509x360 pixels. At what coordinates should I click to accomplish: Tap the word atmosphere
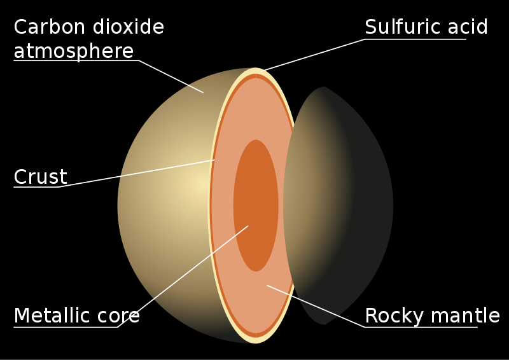tap(74, 52)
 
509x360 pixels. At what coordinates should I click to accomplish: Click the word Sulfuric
tap(402, 26)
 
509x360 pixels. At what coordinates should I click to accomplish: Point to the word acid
tap(468, 26)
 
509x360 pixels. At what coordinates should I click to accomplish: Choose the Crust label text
tap(40, 177)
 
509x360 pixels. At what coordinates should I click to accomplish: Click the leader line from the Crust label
tap(136, 174)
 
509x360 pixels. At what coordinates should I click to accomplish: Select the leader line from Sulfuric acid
tap(313, 55)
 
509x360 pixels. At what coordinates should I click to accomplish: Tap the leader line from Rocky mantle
tap(316, 306)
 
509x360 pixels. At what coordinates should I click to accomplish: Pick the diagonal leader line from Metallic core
tap(183, 276)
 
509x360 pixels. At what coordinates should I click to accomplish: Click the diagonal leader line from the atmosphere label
tap(171, 76)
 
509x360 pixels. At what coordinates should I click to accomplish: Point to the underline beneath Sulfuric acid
tap(415, 39)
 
